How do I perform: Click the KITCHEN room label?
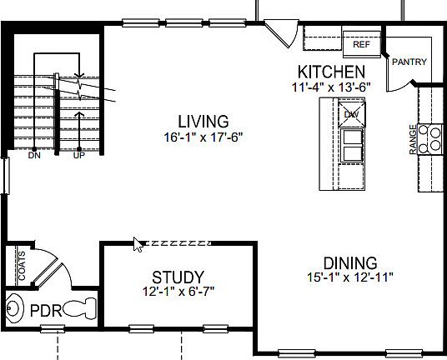coord(331,72)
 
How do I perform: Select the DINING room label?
coord(350,262)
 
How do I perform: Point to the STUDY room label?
coord(178,277)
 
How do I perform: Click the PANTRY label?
coord(409,62)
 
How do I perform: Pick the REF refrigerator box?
coord(361,44)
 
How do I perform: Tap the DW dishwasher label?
coord(350,112)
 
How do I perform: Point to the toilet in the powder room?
coord(80,310)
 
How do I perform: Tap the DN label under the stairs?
coord(34,155)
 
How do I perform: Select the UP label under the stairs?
coord(79,155)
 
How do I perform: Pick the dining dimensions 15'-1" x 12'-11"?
coord(350,277)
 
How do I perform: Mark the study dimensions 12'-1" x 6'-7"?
coord(178,292)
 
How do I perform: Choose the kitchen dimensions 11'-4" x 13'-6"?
coord(331,86)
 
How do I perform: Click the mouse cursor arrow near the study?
coord(138,244)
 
